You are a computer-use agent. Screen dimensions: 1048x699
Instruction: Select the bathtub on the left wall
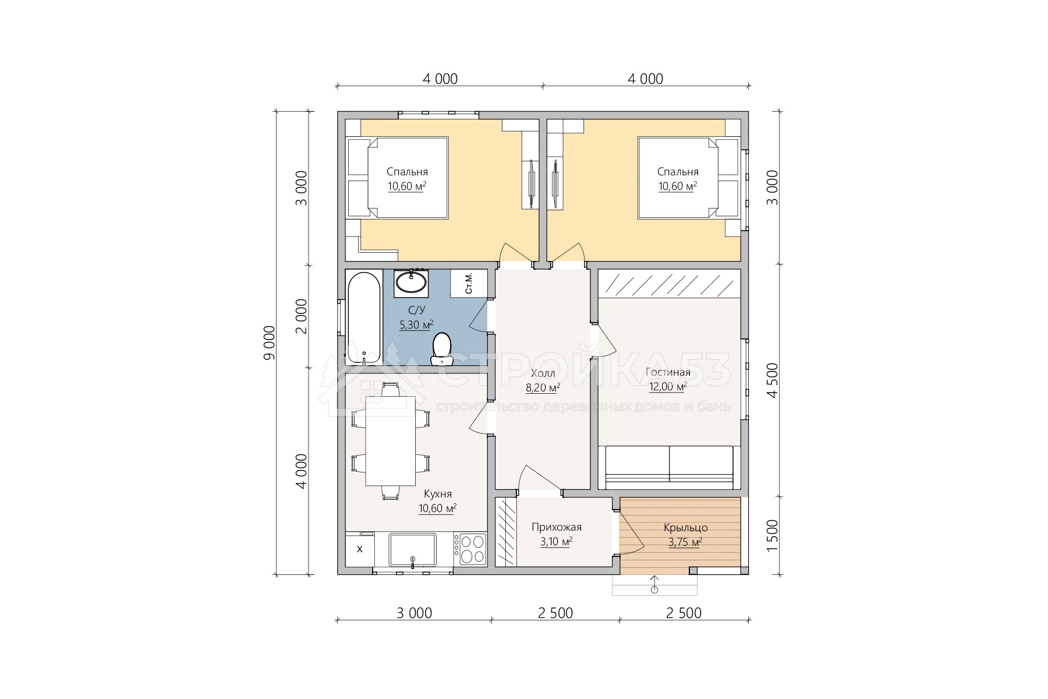(x=363, y=317)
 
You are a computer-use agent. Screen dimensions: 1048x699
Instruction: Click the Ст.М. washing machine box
(x=469, y=283)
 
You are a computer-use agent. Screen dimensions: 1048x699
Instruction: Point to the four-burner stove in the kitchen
(x=472, y=549)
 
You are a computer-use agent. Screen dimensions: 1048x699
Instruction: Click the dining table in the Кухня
(x=390, y=441)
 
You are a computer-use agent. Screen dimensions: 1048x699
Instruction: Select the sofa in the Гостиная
(x=670, y=467)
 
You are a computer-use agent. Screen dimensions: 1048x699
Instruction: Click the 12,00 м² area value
(x=668, y=387)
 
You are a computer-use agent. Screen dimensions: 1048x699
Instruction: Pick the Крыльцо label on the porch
(x=686, y=528)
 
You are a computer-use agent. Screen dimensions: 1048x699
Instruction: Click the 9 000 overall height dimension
(x=269, y=343)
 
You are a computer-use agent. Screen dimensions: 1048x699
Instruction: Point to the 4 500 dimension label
(x=773, y=380)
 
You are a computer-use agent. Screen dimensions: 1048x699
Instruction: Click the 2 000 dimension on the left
(x=301, y=316)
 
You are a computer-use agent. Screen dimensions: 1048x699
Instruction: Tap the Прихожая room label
(x=557, y=528)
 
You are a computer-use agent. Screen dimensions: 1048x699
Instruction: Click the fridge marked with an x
(x=360, y=549)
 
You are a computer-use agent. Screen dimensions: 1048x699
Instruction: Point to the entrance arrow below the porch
(x=654, y=584)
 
